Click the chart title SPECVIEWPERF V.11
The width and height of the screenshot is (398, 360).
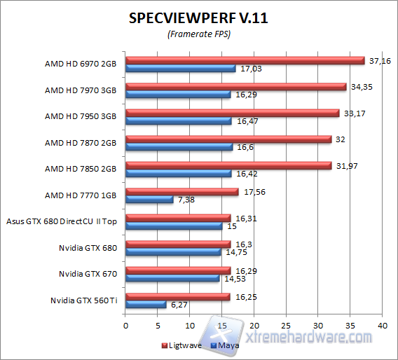click(x=198, y=18)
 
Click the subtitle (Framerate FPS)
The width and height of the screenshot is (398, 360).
click(x=198, y=34)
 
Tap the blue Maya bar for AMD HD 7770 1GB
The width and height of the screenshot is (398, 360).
click(x=149, y=200)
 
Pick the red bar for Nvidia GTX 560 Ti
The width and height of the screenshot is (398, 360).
click(x=177, y=297)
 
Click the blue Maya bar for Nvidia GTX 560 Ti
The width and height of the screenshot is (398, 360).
click(x=146, y=305)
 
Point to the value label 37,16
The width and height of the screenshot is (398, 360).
click(x=379, y=61)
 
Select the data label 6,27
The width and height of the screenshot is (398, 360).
click(x=178, y=305)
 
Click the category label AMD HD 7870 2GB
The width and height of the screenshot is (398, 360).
click(x=81, y=143)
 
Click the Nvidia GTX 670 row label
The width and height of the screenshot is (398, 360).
click(x=88, y=274)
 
